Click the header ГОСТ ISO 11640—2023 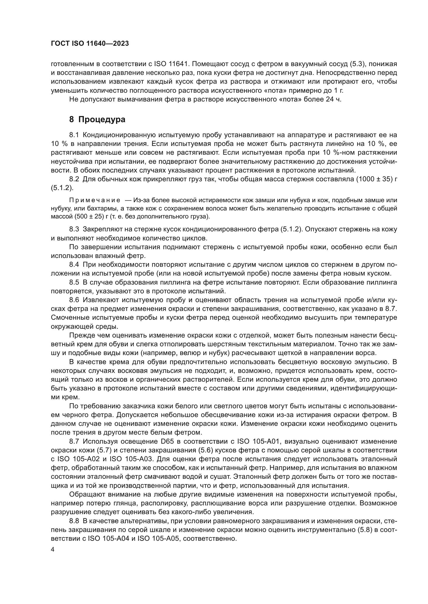(x=90, y=44)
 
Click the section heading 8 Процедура (x=97, y=120)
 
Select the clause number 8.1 (x=74, y=135)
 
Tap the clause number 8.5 (x=74, y=283)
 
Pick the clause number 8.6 (x=74, y=300)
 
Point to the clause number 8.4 (x=74, y=265)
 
